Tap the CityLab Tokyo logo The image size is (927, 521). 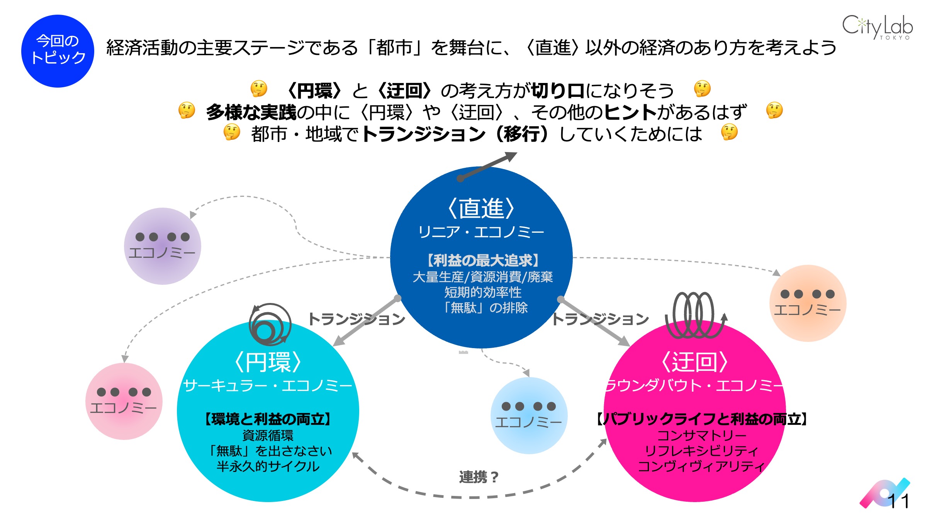pos(877,27)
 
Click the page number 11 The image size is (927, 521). pos(898,501)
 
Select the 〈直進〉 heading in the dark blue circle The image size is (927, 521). pos(481,209)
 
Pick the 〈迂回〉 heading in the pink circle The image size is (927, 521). pos(694,362)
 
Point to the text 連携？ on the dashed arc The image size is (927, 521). pos(479,477)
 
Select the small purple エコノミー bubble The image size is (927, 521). pos(162,246)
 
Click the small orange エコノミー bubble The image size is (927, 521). pos(808,303)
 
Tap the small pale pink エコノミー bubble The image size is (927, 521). pos(124,401)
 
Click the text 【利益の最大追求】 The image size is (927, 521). pos(483,260)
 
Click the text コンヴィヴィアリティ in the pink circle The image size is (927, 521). pos(701,467)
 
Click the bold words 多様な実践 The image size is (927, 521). pos(251,112)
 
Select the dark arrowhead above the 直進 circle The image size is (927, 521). pos(510,156)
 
